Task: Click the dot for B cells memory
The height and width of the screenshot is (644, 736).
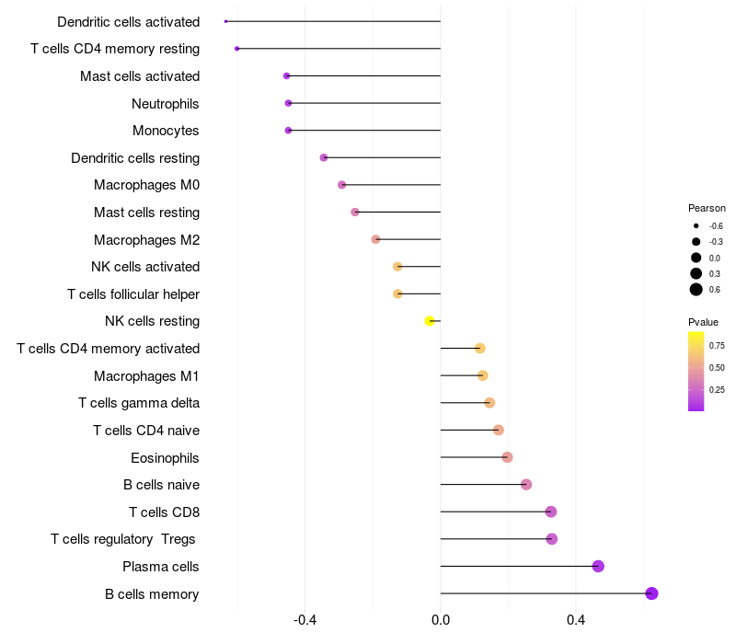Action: [651, 593]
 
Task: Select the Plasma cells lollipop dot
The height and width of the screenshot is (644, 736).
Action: [598, 566]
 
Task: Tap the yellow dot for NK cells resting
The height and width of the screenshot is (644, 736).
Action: [430, 321]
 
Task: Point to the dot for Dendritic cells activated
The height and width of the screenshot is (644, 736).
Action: [225, 21]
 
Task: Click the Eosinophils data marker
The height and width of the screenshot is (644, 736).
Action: [507, 457]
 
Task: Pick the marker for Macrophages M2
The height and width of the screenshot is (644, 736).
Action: [375, 239]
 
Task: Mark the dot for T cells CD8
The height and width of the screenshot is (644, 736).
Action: [551, 512]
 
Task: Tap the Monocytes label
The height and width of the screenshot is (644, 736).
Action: [166, 131]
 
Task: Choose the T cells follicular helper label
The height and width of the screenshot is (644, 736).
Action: [133, 294]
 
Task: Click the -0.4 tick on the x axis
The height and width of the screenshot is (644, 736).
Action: [305, 621]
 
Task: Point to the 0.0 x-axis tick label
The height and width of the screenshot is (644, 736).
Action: [441, 621]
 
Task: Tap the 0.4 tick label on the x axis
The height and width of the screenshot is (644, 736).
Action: [576, 621]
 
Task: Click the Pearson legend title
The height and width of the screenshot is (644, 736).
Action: [707, 208]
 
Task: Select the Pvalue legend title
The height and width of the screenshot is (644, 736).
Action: [703, 322]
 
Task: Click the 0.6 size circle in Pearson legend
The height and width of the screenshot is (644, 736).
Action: [696, 290]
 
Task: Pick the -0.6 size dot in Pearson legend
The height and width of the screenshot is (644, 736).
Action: [696, 225]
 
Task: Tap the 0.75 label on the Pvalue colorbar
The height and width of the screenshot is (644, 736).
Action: [717, 346]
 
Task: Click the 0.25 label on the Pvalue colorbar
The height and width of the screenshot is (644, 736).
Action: [717, 389]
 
